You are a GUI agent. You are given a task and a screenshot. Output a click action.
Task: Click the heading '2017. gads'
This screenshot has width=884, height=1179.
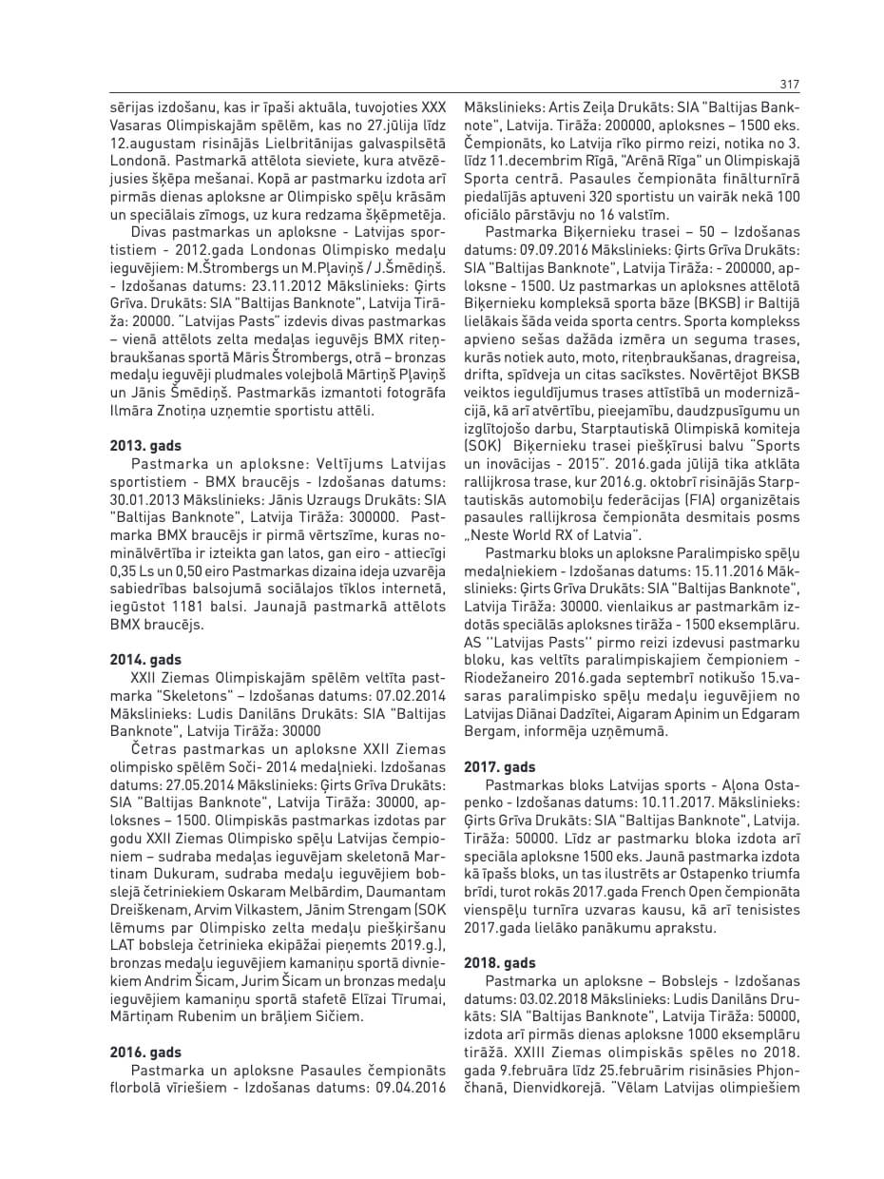coord(499,767)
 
